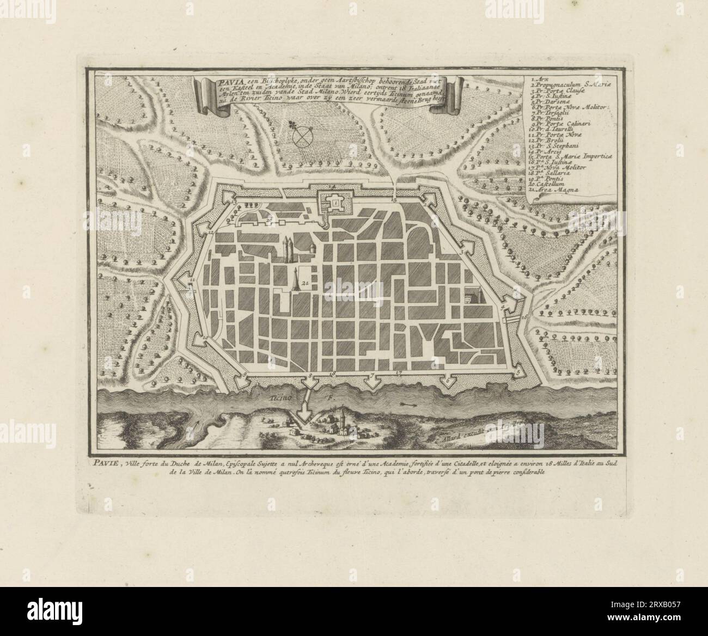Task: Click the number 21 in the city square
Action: point(306,283)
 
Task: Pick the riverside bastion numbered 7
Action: point(373,380)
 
